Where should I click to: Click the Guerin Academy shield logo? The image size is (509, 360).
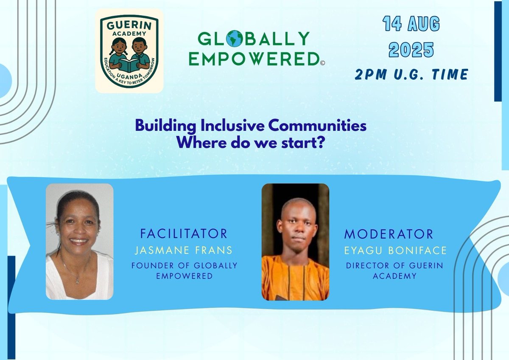coord(129,51)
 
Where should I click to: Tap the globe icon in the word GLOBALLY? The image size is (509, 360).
coord(234,39)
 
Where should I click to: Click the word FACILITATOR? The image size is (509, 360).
coord(184,233)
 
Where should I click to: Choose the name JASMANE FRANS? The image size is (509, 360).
coord(184,250)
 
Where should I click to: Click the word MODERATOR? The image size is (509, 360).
coord(389,233)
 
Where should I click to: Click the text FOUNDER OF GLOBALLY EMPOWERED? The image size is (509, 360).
coord(184,270)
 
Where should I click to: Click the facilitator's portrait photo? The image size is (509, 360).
coord(79,242)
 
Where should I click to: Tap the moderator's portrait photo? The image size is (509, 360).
coord(295,242)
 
